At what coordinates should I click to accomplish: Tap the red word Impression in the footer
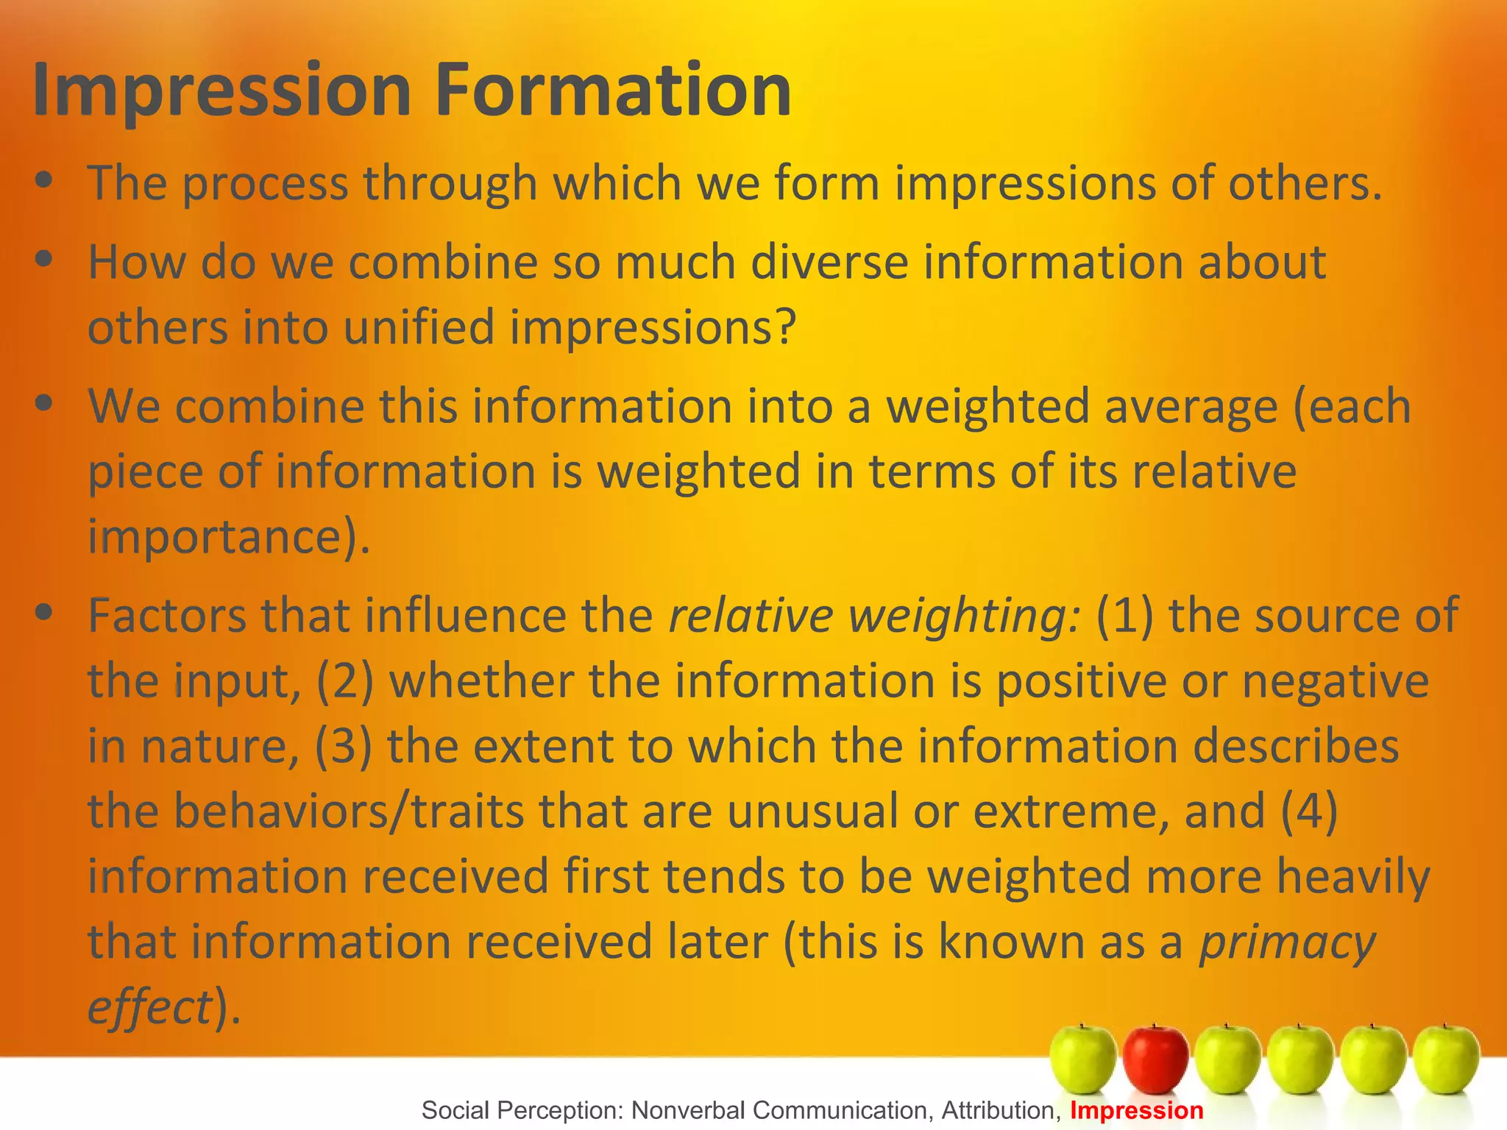click(1136, 1110)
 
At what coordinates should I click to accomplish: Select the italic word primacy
click(1287, 942)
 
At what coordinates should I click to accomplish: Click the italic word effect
click(150, 1007)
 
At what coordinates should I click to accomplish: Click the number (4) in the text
click(1309, 811)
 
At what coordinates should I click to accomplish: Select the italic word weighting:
click(965, 616)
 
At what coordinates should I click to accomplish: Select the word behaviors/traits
click(350, 811)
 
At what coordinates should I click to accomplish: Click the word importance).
click(228, 537)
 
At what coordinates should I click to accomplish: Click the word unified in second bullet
click(418, 327)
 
